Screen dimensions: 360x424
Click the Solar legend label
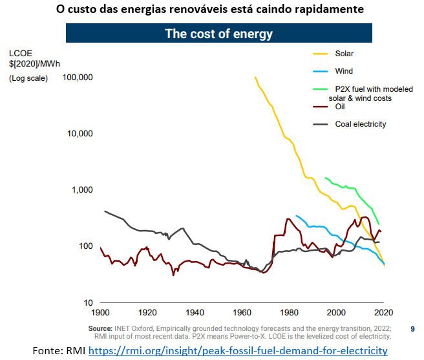click(344, 54)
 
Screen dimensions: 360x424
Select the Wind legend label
click(344, 71)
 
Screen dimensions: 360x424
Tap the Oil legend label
click(340, 107)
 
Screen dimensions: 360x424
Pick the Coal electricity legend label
click(360, 124)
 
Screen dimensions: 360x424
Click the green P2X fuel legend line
click(320, 89)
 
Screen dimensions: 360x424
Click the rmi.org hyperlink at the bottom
click(237, 351)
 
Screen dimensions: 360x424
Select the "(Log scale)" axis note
click(28, 78)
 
